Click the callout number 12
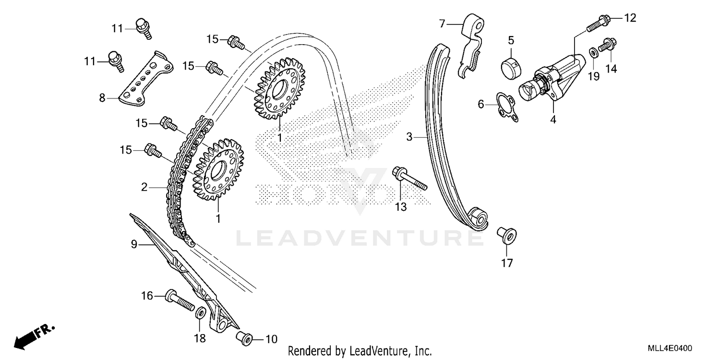(630, 18)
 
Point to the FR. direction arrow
(34, 335)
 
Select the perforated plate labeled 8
(146, 78)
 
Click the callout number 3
(409, 137)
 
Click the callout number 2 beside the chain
(144, 187)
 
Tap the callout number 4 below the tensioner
(553, 120)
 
